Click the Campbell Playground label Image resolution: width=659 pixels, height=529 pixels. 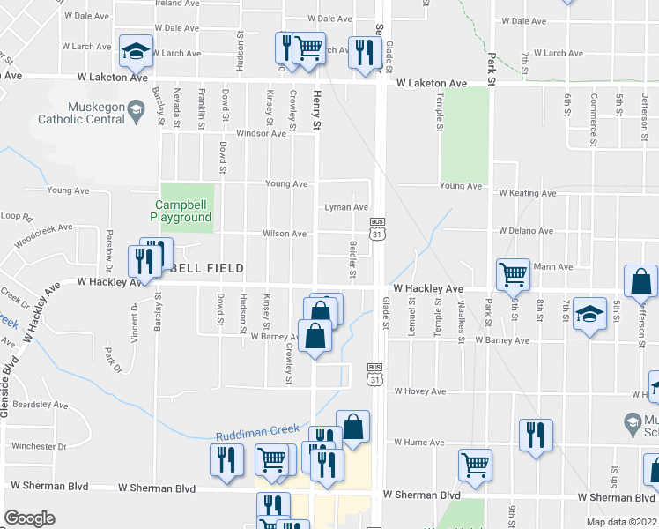(180, 212)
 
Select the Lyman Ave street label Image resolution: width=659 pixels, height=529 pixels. (346, 207)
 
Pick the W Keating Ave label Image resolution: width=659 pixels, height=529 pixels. (527, 193)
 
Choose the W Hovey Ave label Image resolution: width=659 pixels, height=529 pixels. (420, 391)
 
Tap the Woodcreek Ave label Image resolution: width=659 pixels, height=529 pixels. (42, 235)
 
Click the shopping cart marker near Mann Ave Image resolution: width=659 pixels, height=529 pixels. (513, 275)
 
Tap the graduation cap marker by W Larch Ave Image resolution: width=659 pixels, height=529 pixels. (137, 51)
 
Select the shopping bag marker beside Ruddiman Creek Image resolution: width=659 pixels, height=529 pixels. (352, 427)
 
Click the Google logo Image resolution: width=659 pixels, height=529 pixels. (29, 518)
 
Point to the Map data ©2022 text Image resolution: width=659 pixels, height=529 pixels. (622, 522)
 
